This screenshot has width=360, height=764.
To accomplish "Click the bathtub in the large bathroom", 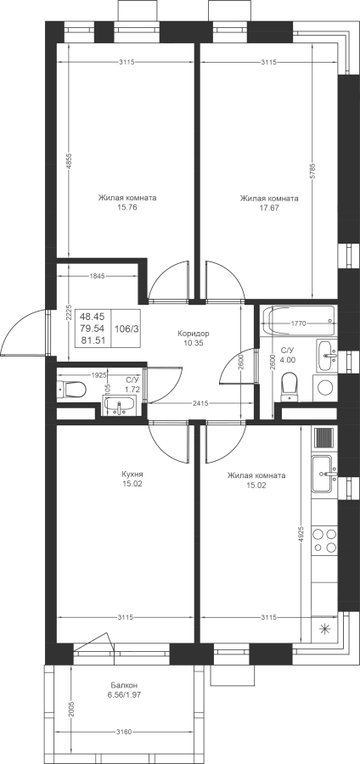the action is coord(298,321).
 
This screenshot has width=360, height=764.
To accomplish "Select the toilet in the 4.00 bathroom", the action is coord(290,386).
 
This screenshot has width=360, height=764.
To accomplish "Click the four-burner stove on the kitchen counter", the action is coord(324,540).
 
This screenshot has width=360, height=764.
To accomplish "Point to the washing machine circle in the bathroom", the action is coord(325,388).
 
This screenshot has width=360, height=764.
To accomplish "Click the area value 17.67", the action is coord(269,208).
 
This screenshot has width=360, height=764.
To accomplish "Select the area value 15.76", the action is coord(127,208).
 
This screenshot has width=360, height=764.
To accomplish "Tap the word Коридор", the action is coord(194,334).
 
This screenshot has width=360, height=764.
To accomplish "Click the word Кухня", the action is coord(132,474).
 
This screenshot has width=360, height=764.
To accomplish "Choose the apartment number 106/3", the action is coord(127,329).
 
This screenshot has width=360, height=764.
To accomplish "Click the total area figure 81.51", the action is coord(93,340).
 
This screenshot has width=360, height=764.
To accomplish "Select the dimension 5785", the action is coord(313,170).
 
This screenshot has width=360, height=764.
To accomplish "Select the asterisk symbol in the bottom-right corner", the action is coord(324,630).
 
